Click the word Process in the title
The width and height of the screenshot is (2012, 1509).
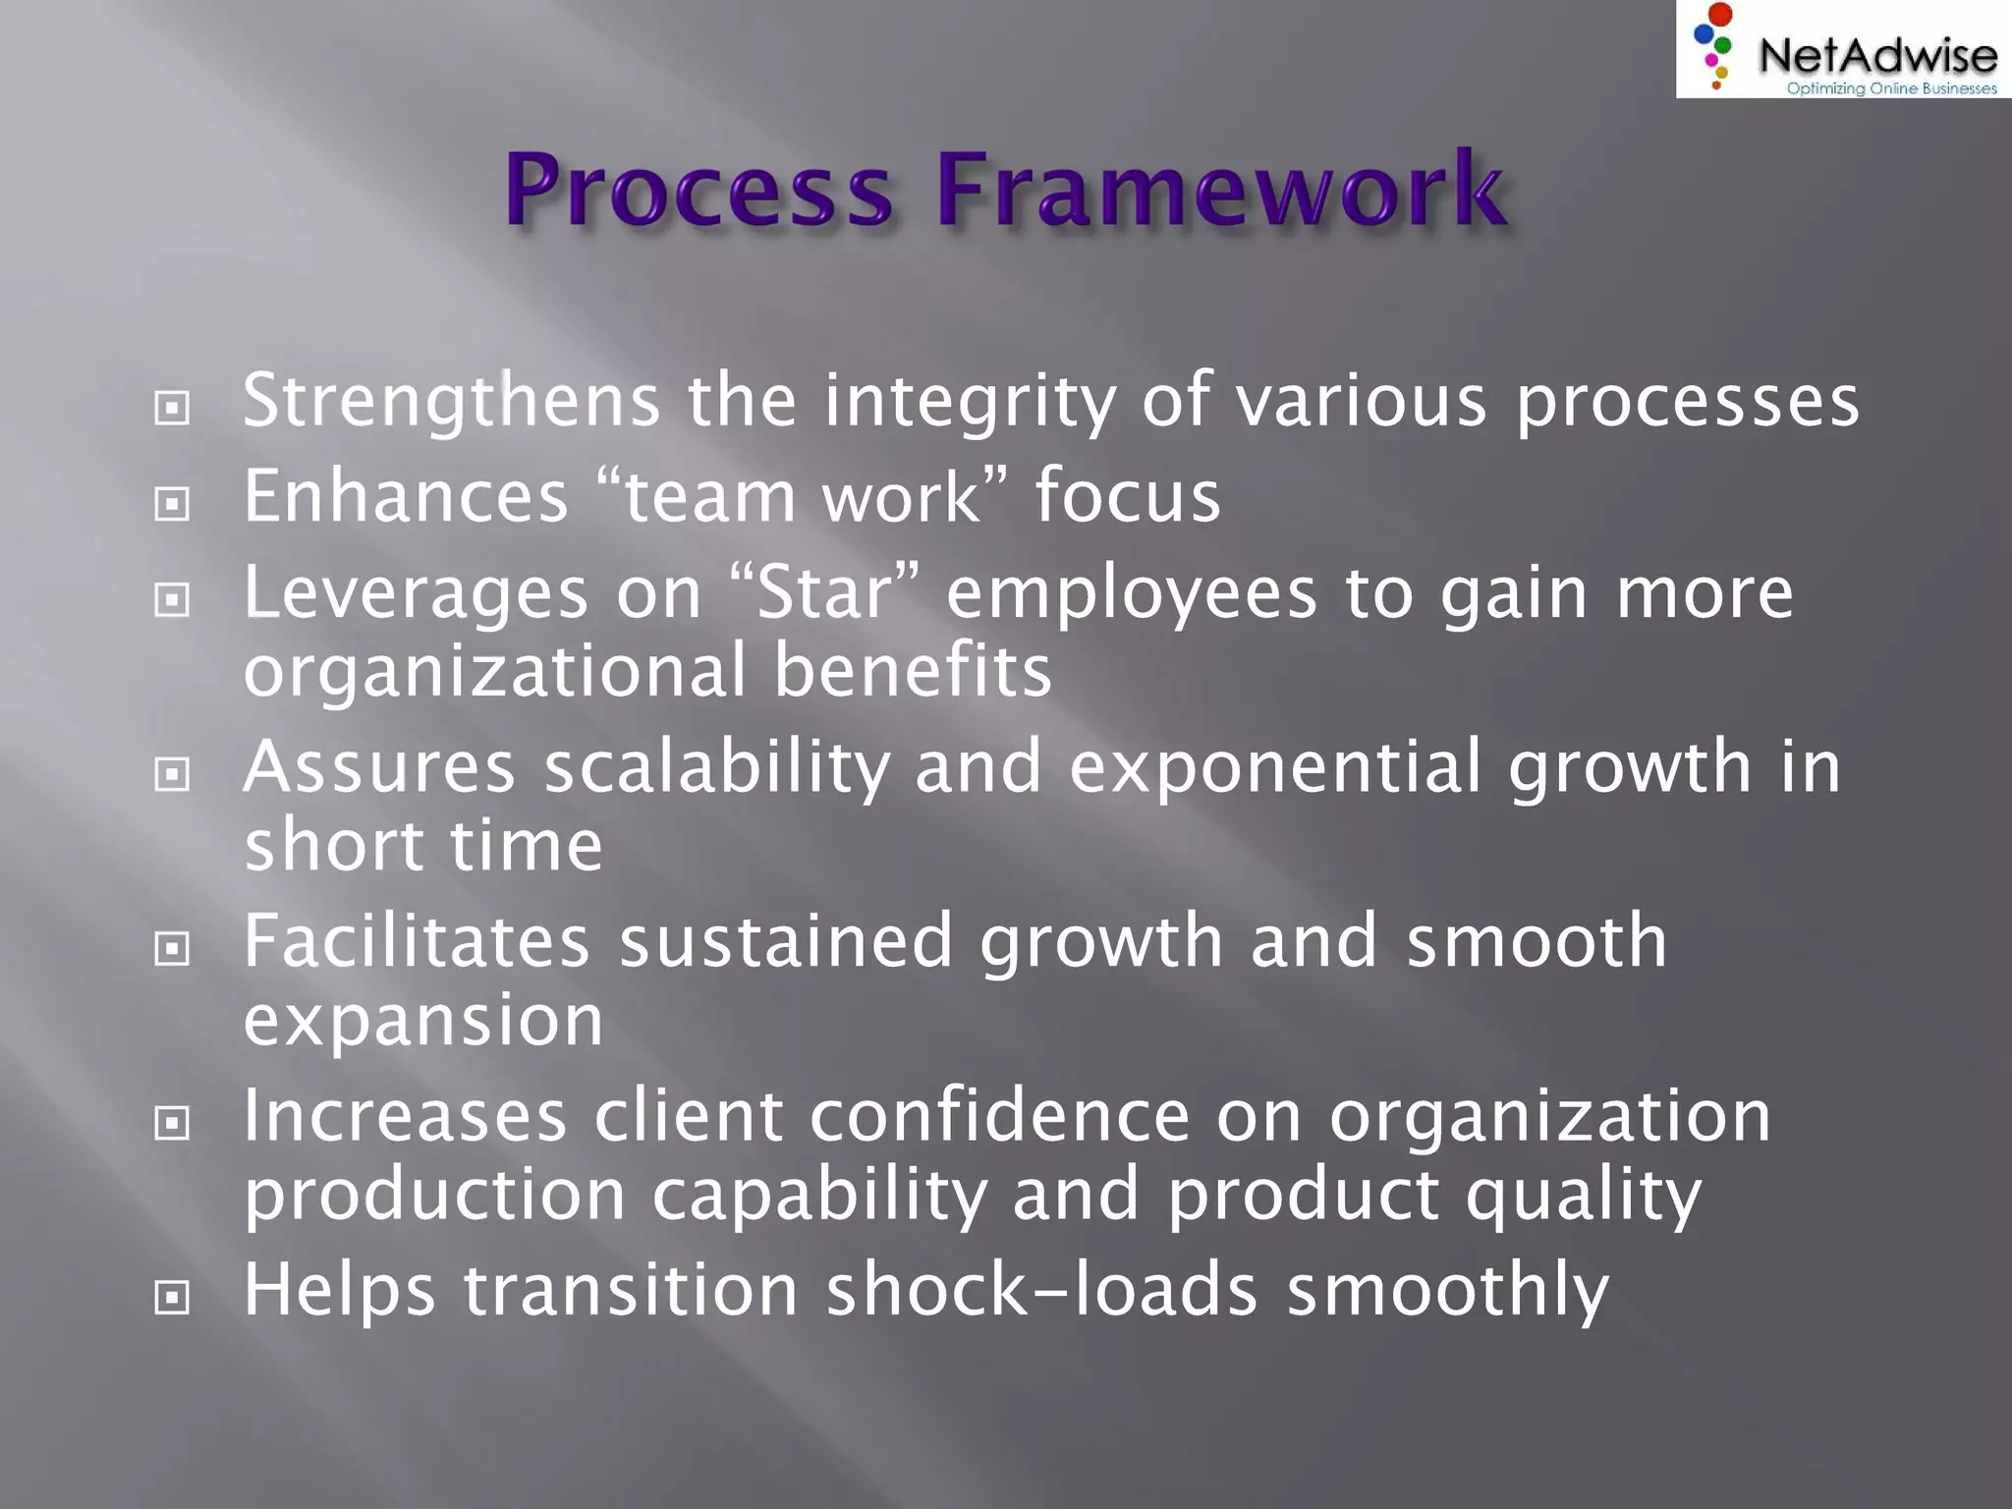(699, 189)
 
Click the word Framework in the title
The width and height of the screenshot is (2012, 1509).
(1220, 189)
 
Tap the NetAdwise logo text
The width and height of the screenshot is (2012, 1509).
(1877, 55)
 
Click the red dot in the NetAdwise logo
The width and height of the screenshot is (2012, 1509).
(1720, 15)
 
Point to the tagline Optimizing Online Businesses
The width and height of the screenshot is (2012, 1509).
(1891, 88)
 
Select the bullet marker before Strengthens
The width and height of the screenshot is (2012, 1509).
(172, 408)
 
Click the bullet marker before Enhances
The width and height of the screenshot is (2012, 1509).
(172, 504)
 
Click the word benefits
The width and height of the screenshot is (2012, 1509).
(913, 671)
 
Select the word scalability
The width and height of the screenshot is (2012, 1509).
(716, 767)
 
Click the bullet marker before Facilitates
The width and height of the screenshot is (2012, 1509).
(172, 948)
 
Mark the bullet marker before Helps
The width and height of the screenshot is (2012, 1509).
(172, 1297)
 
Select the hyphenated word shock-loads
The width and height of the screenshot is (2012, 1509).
(1041, 1289)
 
